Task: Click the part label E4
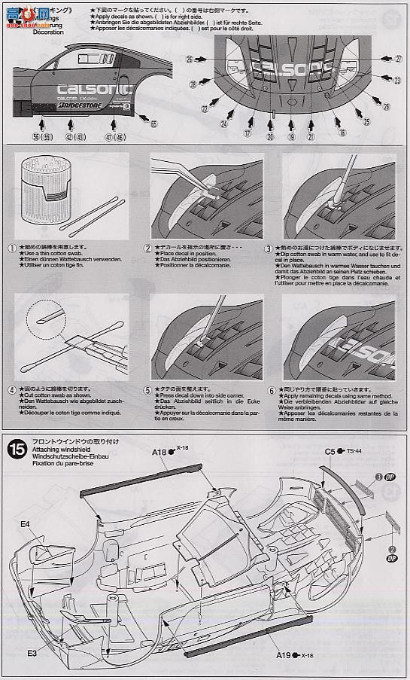coord(25,523)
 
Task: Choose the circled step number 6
coord(271,389)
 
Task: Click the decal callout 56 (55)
coord(37,138)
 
